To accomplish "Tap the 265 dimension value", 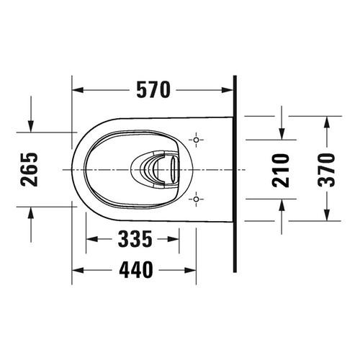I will coord(30,168).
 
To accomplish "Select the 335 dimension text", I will coord(138,238).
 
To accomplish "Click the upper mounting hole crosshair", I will coord(196,139).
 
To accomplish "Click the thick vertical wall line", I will coord(235,173).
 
